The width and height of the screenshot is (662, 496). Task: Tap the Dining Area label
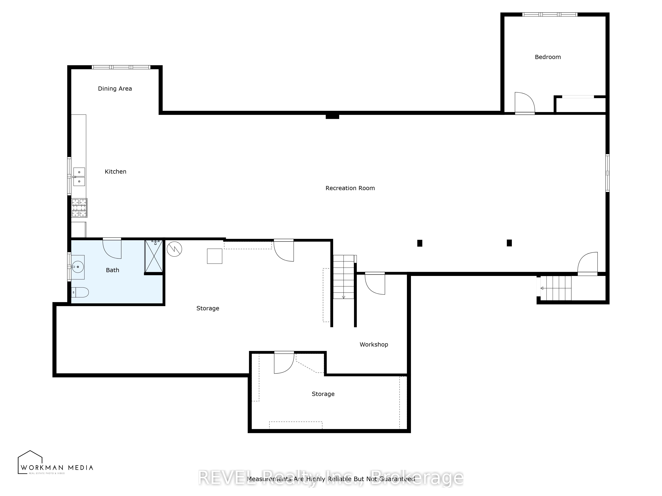[x=115, y=88]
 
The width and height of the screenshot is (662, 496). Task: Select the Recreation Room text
[x=350, y=188]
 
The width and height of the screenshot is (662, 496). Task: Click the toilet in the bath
[x=80, y=292]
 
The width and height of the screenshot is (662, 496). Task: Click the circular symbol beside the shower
[x=174, y=249]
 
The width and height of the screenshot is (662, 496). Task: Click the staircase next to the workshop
[x=344, y=277]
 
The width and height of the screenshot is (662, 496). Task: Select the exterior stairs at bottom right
[x=556, y=288]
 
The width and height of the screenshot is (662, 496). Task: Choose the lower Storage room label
[x=323, y=394]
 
